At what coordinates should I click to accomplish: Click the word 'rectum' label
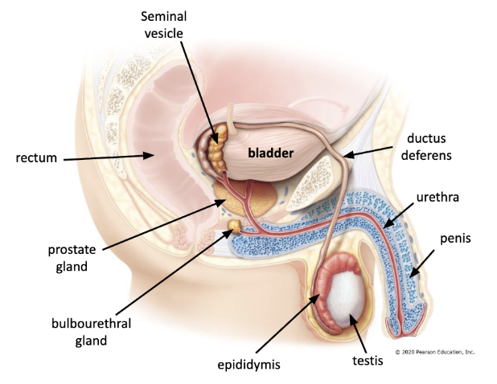pos(36,157)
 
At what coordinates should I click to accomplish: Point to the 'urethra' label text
pos(437,197)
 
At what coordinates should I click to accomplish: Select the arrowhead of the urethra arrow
pos(386,227)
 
